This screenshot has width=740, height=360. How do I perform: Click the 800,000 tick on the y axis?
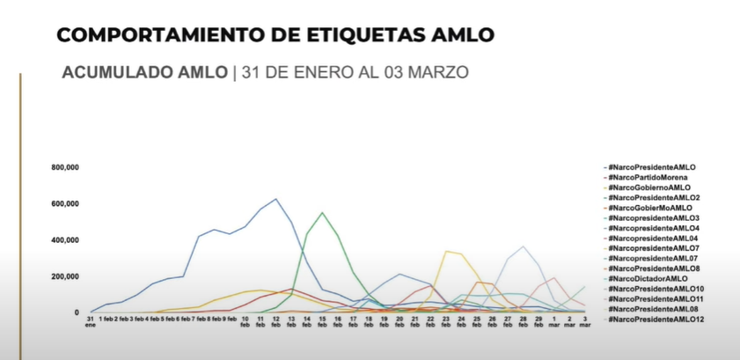67,167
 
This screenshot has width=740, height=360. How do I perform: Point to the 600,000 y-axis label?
67,203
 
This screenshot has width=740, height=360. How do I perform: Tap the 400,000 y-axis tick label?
67,239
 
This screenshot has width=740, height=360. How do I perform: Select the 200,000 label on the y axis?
67,276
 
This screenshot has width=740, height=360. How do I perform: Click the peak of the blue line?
276,199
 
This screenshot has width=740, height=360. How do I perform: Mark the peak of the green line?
322,212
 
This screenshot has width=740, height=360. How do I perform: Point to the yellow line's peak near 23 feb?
446,251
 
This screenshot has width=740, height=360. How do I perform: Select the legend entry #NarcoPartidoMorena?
647,177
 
